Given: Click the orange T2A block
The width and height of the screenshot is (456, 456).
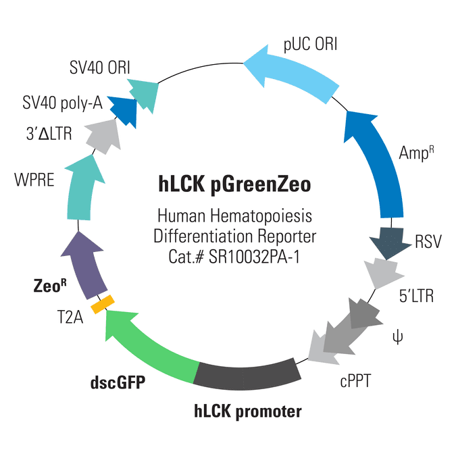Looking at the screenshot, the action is [x=103, y=304].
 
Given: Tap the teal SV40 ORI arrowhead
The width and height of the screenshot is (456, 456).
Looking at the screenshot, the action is [x=145, y=95].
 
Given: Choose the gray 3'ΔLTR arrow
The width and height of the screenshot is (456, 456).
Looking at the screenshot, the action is [x=104, y=136].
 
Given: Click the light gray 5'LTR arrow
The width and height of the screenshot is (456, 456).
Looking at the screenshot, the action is [x=383, y=273].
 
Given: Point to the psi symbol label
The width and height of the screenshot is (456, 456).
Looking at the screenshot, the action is [x=397, y=337].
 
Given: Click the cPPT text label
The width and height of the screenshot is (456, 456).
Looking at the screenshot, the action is [x=355, y=381].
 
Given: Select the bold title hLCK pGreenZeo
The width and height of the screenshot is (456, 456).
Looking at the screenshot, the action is [x=234, y=184].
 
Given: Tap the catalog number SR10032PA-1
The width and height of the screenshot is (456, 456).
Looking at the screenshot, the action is [x=254, y=257].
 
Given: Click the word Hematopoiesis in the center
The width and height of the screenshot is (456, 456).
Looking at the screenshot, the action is [x=261, y=217].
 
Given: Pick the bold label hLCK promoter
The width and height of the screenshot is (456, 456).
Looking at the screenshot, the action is [x=248, y=411].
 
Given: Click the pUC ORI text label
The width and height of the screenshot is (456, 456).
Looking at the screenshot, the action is [x=310, y=45].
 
